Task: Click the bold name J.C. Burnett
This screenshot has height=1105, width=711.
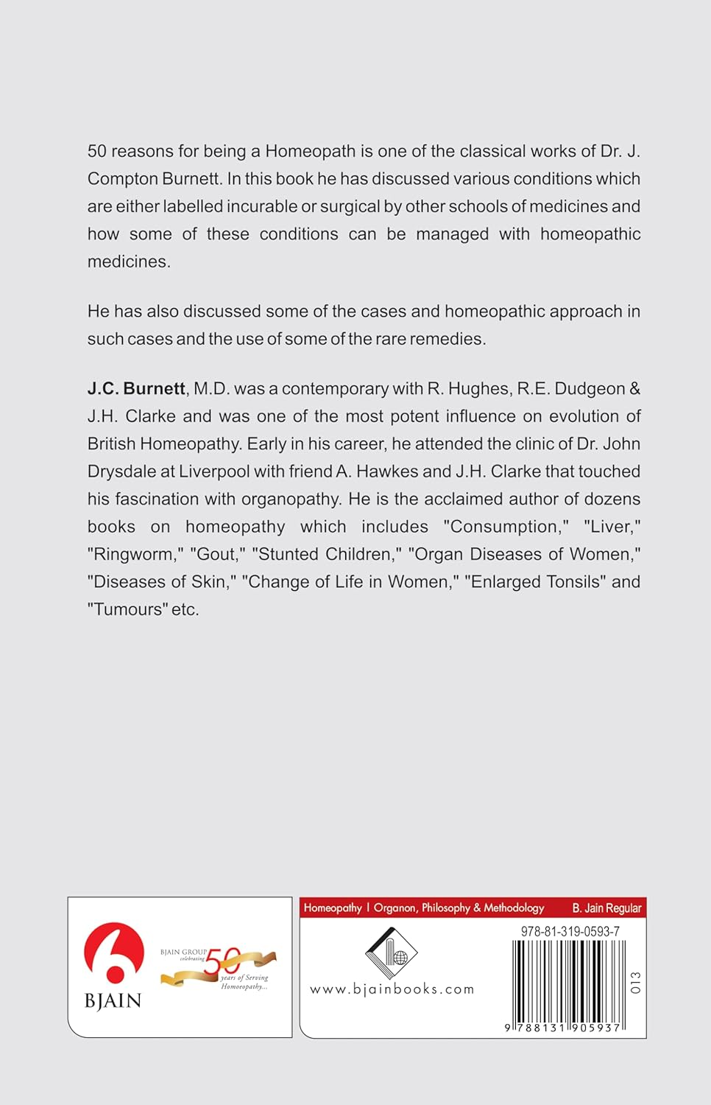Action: point(136,389)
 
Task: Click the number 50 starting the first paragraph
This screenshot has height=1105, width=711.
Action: point(96,152)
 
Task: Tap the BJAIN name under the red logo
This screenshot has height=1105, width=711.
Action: point(113,1000)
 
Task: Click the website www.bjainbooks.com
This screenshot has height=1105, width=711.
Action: point(392,989)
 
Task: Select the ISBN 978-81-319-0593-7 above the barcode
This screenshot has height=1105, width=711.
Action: point(570,931)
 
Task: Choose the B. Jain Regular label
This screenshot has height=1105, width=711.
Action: point(606,908)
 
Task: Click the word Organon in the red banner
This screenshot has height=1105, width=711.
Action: point(395,908)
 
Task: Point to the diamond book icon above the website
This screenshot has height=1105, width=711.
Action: point(391,953)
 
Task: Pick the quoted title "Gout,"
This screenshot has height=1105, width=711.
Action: point(218,555)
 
